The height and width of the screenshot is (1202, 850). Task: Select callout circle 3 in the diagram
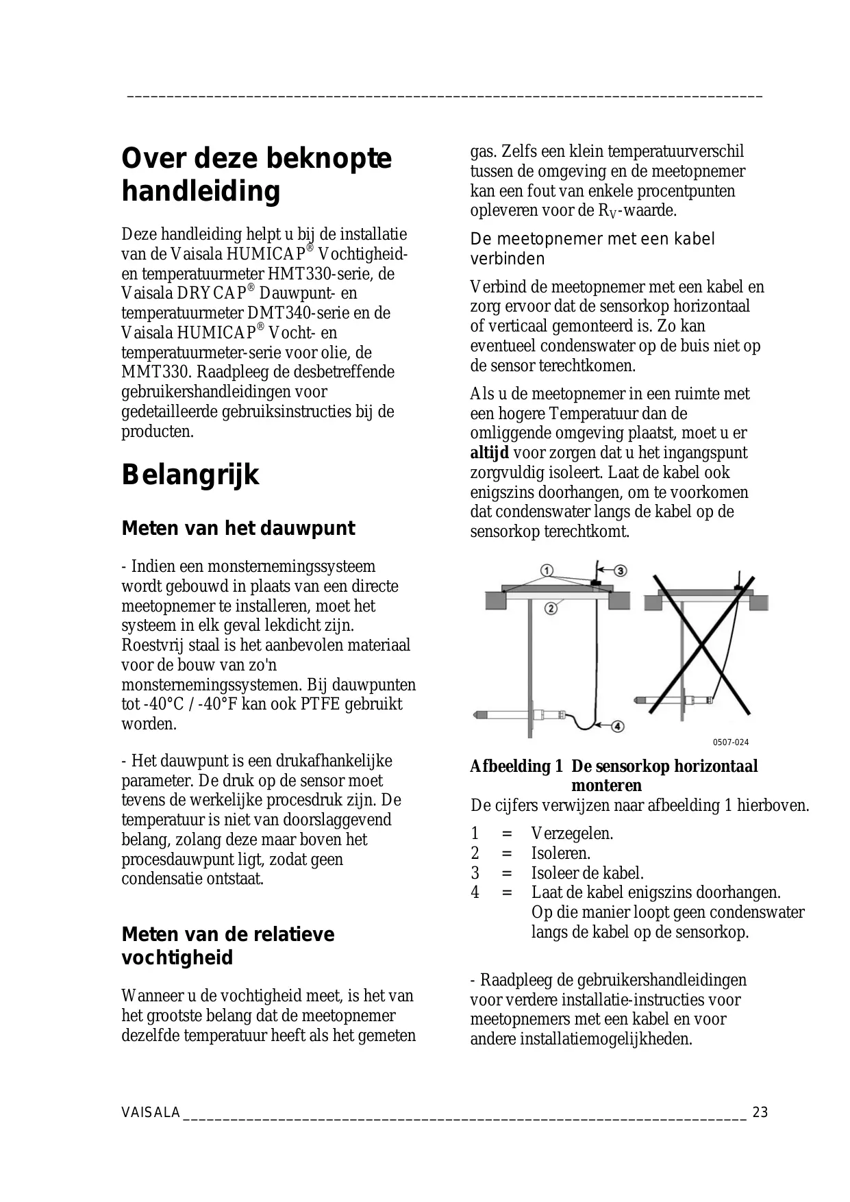(620, 571)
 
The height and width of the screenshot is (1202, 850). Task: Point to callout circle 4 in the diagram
(616, 725)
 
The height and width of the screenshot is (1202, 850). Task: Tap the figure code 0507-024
(731, 742)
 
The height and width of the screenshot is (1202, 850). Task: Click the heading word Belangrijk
(190, 475)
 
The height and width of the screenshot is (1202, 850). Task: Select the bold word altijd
(489, 453)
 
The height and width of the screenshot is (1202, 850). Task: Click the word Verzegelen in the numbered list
(572, 834)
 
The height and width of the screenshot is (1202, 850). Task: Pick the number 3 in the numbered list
(475, 873)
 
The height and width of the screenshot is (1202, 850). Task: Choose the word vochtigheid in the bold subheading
(177, 957)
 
